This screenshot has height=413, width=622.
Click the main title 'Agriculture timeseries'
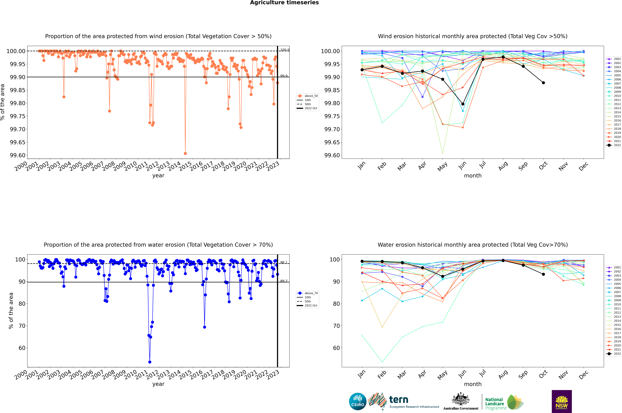point(284,3)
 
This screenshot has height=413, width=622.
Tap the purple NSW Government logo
point(562,401)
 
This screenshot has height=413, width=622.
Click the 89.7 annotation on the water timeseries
point(284,281)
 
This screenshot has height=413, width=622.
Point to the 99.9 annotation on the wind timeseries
point(284,76)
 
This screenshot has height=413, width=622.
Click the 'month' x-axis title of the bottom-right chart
point(472,384)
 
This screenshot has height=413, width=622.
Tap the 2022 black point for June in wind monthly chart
point(463,104)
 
